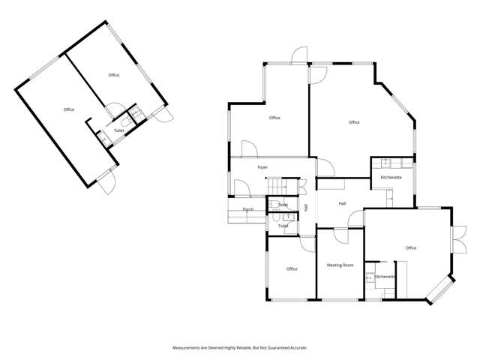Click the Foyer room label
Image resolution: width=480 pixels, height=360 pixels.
(x=262, y=167)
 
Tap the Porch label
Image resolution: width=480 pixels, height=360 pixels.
(x=247, y=209)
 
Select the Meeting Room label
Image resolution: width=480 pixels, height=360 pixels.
(x=340, y=265)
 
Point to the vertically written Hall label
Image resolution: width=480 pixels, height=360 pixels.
(x=306, y=207)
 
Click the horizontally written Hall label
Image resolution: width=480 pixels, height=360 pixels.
(x=342, y=203)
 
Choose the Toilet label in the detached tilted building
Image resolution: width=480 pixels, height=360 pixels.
(x=118, y=130)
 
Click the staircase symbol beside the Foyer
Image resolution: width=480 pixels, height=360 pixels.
(x=278, y=185)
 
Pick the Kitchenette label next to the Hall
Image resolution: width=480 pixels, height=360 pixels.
(x=391, y=177)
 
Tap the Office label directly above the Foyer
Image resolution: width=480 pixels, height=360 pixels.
(x=274, y=118)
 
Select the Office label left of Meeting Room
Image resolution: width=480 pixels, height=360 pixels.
(x=292, y=268)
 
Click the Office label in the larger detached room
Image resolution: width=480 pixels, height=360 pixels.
(x=69, y=110)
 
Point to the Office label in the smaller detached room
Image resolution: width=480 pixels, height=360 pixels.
(x=114, y=75)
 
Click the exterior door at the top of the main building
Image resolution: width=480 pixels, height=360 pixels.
(x=299, y=55)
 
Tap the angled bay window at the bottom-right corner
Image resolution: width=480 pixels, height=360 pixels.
(x=439, y=290)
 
